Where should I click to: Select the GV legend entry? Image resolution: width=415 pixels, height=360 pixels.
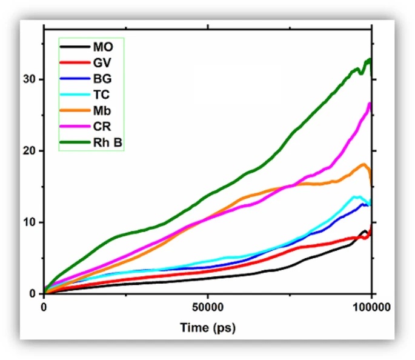coord(101,61)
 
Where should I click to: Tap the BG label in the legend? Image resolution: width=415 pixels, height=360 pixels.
coord(101,78)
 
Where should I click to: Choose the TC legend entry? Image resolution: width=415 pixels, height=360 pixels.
coord(101,95)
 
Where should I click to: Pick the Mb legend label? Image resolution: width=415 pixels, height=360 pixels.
coord(101,111)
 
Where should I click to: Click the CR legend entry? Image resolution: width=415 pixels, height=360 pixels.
coord(101,127)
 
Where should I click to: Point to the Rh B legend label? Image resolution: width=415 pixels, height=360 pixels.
coord(105,143)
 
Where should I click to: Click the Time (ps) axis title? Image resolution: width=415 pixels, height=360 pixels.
coord(207,328)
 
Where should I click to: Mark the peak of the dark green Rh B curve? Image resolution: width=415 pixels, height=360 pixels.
coord(369,59)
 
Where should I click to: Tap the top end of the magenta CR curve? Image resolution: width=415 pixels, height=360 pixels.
coord(370,103)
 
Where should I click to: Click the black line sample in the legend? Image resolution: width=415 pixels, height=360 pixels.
coord(73,47)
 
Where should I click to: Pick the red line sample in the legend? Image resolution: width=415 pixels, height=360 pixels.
coord(73,62)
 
